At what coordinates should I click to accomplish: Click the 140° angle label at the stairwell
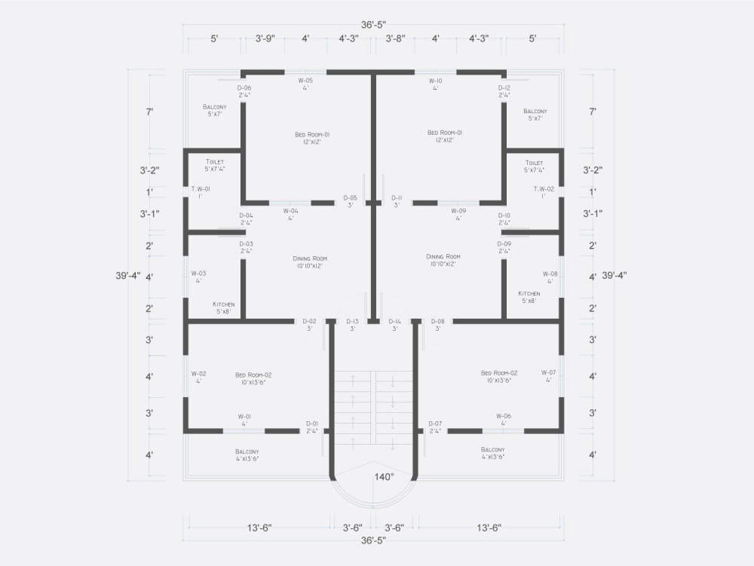pos(385,477)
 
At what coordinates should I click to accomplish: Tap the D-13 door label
pos(352,322)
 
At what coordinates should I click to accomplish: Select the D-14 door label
pos(394,322)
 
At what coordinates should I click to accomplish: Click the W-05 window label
pos(305,80)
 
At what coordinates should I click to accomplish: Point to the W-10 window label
pos(435,80)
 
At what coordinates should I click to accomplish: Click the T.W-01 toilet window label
pos(201,188)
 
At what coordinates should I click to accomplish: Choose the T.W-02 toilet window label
pos(544,188)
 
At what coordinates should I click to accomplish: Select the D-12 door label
pos(504,88)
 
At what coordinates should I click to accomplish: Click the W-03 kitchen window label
pos(198,274)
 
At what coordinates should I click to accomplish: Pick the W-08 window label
pos(550,274)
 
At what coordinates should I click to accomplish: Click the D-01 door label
pos(311,424)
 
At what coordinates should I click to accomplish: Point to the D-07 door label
pos(435,424)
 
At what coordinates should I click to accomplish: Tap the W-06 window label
pos(503,416)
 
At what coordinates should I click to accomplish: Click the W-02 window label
pos(198,373)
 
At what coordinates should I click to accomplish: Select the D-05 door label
pos(350,197)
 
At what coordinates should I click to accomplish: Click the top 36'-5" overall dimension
pos(372,25)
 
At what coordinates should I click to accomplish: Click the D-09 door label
pos(504,243)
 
